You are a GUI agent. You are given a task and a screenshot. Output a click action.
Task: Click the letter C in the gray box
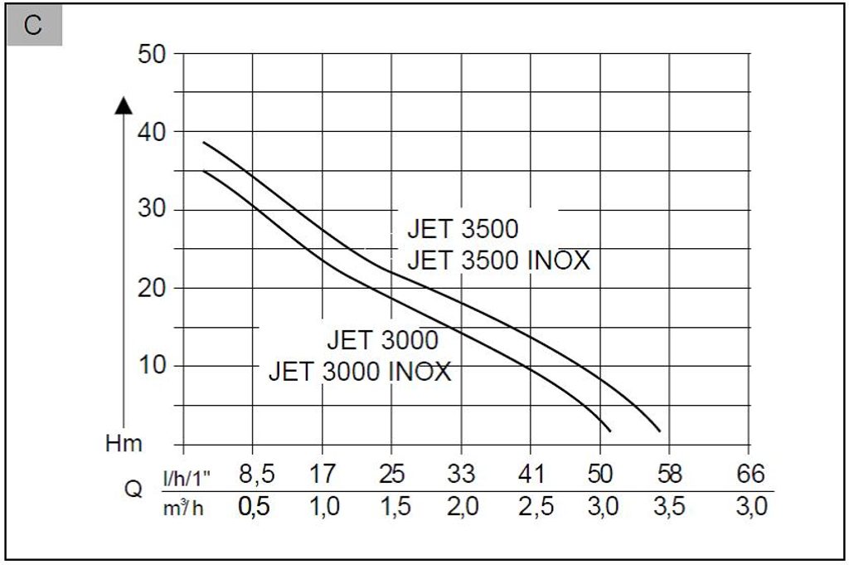(33, 26)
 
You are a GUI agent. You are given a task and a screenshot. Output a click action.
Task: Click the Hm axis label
(124, 443)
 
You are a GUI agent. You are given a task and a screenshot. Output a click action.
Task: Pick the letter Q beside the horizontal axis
(133, 490)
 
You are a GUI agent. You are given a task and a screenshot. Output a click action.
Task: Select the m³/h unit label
(182, 507)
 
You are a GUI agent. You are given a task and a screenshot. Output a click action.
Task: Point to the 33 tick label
(461, 475)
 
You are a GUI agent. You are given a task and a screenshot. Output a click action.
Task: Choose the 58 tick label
(669, 475)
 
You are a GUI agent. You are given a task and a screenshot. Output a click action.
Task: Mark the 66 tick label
(750, 475)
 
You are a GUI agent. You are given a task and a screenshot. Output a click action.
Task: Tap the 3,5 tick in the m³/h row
(669, 507)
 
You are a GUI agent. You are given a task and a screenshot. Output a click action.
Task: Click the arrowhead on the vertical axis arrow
(124, 105)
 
